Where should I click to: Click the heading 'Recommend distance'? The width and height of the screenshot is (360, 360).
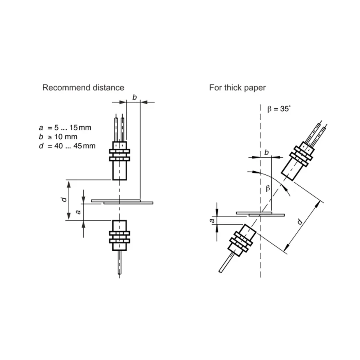(x=83, y=88)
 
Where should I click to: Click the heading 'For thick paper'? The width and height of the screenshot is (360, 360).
(x=237, y=88)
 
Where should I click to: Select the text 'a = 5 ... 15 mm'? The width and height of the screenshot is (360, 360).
(x=65, y=128)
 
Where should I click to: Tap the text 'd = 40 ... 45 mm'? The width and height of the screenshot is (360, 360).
(x=67, y=146)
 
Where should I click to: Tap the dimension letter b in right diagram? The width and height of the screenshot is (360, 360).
(x=266, y=152)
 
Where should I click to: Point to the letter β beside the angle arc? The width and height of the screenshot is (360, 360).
(x=268, y=188)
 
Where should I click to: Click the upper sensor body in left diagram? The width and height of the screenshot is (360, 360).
(x=120, y=160)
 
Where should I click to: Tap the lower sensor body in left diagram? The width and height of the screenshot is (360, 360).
(x=120, y=236)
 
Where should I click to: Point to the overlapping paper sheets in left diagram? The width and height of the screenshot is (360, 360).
(x=122, y=202)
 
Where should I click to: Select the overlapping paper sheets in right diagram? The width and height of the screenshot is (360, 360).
(x=260, y=214)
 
